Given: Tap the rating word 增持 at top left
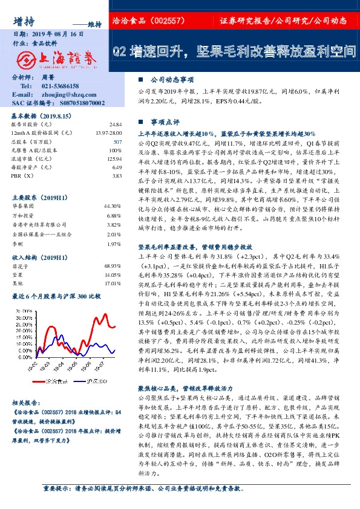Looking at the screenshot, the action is [22, 21].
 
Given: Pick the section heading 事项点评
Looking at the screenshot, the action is [163, 121].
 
